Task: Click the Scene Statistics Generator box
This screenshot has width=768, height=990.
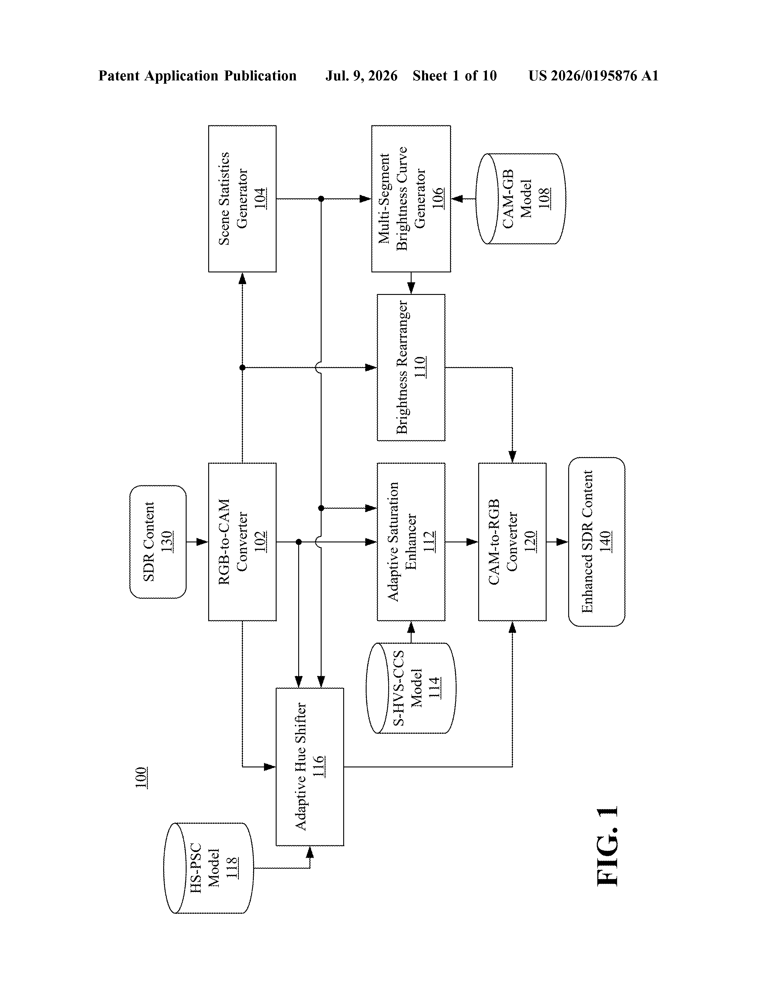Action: [242, 199]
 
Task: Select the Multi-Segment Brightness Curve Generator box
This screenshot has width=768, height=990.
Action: [411, 199]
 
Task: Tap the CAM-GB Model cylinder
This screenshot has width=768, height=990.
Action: [520, 199]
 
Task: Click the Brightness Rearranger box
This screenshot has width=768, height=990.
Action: [411, 367]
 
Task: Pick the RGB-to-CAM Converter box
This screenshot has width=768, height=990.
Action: [242, 542]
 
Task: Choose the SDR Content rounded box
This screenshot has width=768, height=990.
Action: [158, 542]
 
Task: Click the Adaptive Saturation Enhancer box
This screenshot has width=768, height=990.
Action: [411, 542]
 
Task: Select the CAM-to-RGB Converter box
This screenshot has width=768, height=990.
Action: [512, 542]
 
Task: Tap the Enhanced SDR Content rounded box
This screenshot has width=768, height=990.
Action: [597, 542]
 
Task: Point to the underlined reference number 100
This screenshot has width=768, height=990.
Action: [141, 777]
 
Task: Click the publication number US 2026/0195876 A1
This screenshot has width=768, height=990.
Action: [593, 76]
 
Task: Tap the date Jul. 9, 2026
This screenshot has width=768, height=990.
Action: [361, 76]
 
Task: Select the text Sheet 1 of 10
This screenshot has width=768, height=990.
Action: [455, 76]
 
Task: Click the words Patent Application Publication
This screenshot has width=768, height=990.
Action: [198, 76]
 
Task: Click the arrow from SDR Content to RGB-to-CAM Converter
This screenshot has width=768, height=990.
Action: [197, 542]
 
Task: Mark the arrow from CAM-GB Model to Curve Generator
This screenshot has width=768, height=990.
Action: [463, 199]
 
